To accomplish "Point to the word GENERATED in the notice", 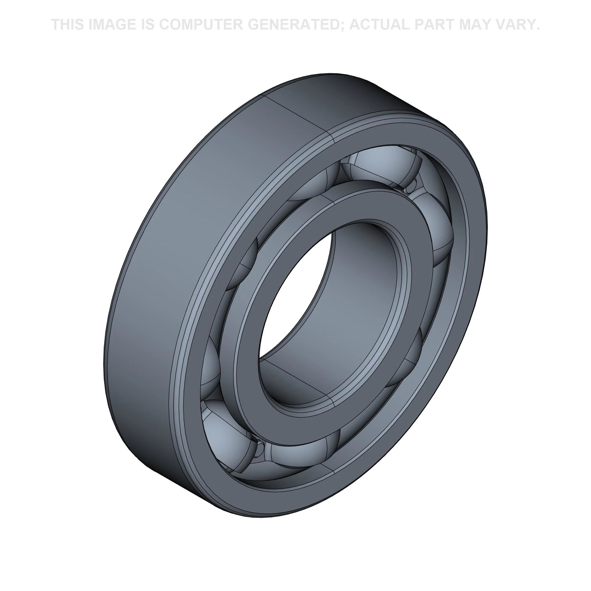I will [x=295, y=25].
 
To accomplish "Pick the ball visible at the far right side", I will [x=437, y=233].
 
